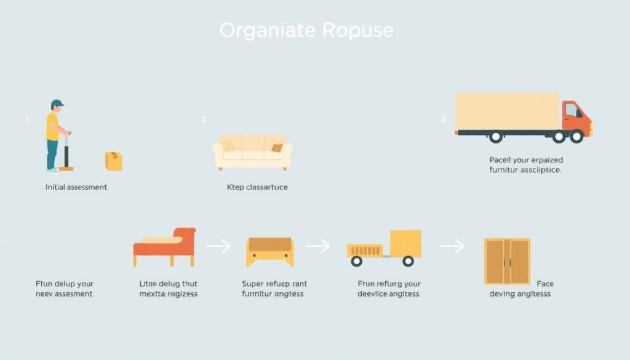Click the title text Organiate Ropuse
[306, 30]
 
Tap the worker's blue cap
[57, 103]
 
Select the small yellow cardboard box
[114, 161]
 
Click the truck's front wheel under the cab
[576, 136]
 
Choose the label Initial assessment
[76, 187]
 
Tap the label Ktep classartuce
[257, 187]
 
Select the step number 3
[443, 120]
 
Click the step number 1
[26, 120]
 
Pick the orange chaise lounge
[165, 246]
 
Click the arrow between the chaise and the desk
[218, 247]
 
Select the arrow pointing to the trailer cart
[317, 247]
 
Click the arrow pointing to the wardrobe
[452, 247]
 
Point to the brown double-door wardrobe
[507, 262]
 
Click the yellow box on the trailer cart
[405, 244]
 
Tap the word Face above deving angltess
[544, 284]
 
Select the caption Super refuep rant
[274, 284]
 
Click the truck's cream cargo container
[507, 111]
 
